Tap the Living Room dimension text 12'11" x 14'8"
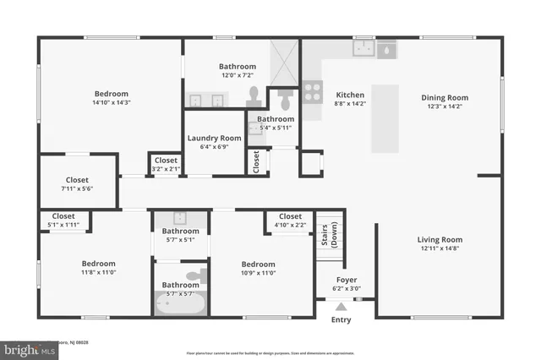(441, 248)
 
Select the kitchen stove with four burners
(313, 90)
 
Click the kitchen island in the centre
(385, 118)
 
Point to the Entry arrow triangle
(341, 308)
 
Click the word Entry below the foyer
(341, 319)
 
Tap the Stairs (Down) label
(329, 237)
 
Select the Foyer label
(347, 279)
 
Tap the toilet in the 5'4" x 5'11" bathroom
(285, 101)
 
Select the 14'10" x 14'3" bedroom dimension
(112, 102)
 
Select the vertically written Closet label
(256, 161)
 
